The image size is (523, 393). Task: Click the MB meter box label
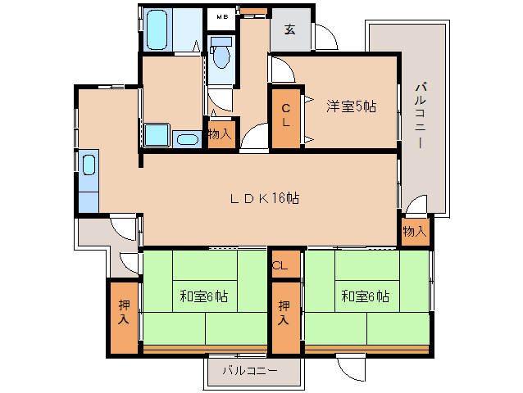point(222,16)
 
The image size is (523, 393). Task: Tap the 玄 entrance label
point(290,29)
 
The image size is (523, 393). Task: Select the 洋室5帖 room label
point(351,106)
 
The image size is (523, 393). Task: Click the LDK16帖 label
point(265,198)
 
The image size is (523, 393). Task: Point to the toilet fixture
point(221,52)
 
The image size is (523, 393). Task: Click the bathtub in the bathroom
point(157,29)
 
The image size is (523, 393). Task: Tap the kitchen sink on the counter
point(89,165)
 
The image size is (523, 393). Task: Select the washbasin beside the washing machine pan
point(187,139)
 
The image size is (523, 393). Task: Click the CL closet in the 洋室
point(286,116)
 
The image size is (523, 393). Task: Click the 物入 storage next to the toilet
point(221,134)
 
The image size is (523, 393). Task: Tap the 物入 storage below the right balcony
point(415,232)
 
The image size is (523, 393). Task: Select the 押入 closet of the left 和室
point(124,318)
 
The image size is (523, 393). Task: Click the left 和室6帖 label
point(204,296)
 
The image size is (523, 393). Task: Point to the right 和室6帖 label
point(366,296)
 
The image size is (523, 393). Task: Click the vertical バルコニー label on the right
point(421,115)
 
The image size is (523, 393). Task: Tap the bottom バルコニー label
point(250,370)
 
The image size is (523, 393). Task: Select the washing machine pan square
point(157,134)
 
